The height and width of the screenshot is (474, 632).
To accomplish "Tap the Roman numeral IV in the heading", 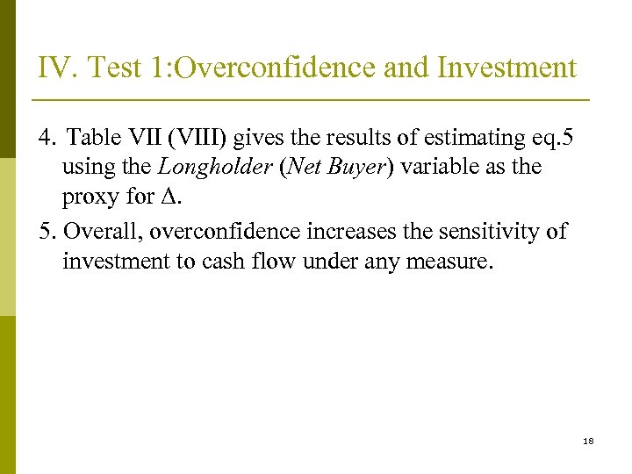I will tap(54, 68).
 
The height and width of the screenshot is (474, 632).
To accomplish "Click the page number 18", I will tap(587, 441).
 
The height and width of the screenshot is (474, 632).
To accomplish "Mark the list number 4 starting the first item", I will tap(46, 137).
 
